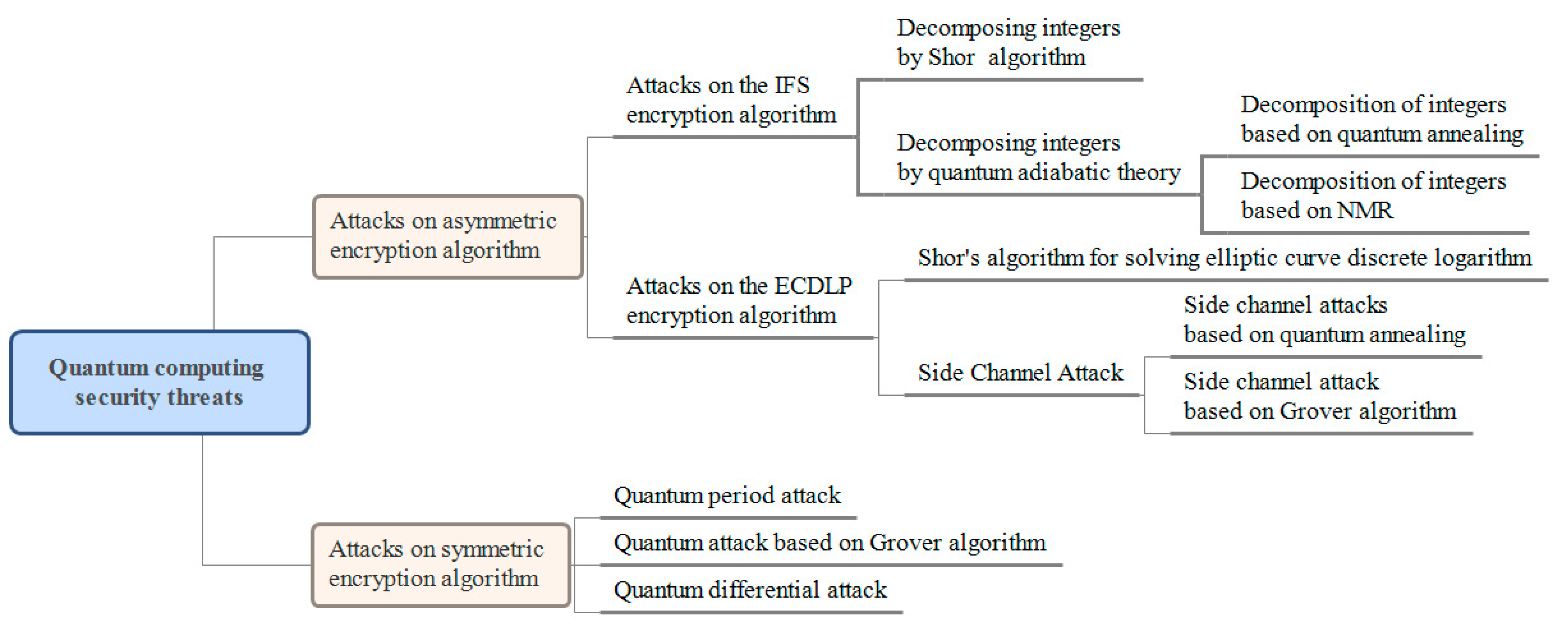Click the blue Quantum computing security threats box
[159, 383]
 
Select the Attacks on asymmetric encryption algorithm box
[448, 236]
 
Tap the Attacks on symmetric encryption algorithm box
[441, 565]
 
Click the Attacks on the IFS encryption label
[730, 100]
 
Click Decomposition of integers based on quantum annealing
[1381, 119]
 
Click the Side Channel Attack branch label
[1020, 372]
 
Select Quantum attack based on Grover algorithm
[829, 542]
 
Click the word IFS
[792, 86]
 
